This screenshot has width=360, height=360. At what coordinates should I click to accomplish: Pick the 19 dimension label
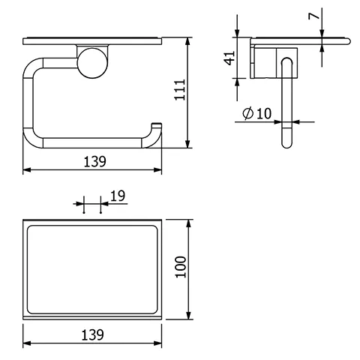point(117,196)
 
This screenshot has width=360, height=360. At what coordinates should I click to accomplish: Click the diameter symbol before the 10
point(247,113)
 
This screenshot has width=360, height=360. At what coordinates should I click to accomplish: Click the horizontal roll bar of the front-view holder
point(94,142)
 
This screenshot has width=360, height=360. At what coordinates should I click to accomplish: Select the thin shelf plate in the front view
point(94,40)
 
